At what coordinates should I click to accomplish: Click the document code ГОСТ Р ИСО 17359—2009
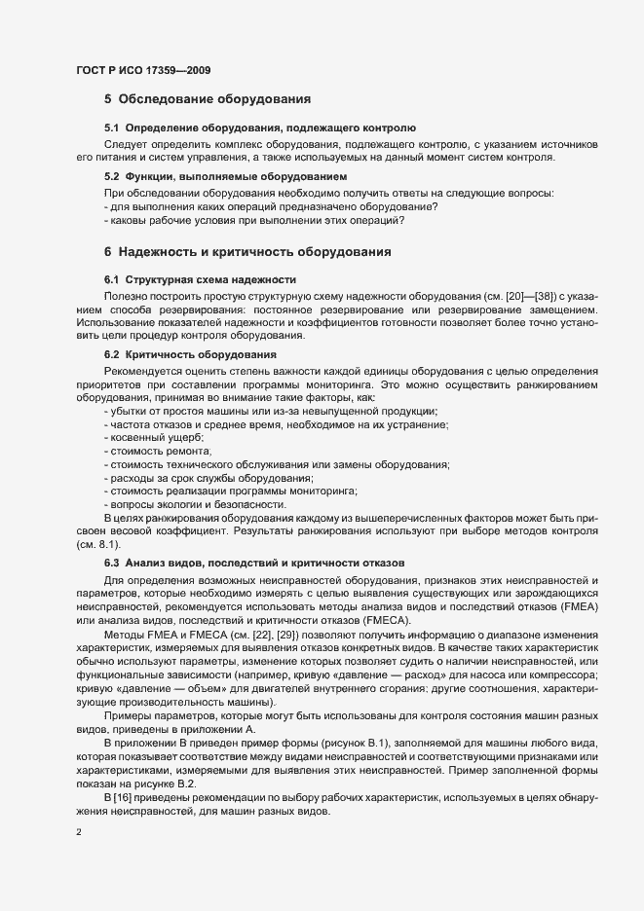[x=143, y=71]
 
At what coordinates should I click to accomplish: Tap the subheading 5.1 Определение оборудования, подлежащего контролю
[x=260, y=128]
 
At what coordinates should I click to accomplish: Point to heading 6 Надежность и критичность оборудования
[x=247, y=252]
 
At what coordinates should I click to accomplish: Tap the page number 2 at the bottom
[x=79, y=832]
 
